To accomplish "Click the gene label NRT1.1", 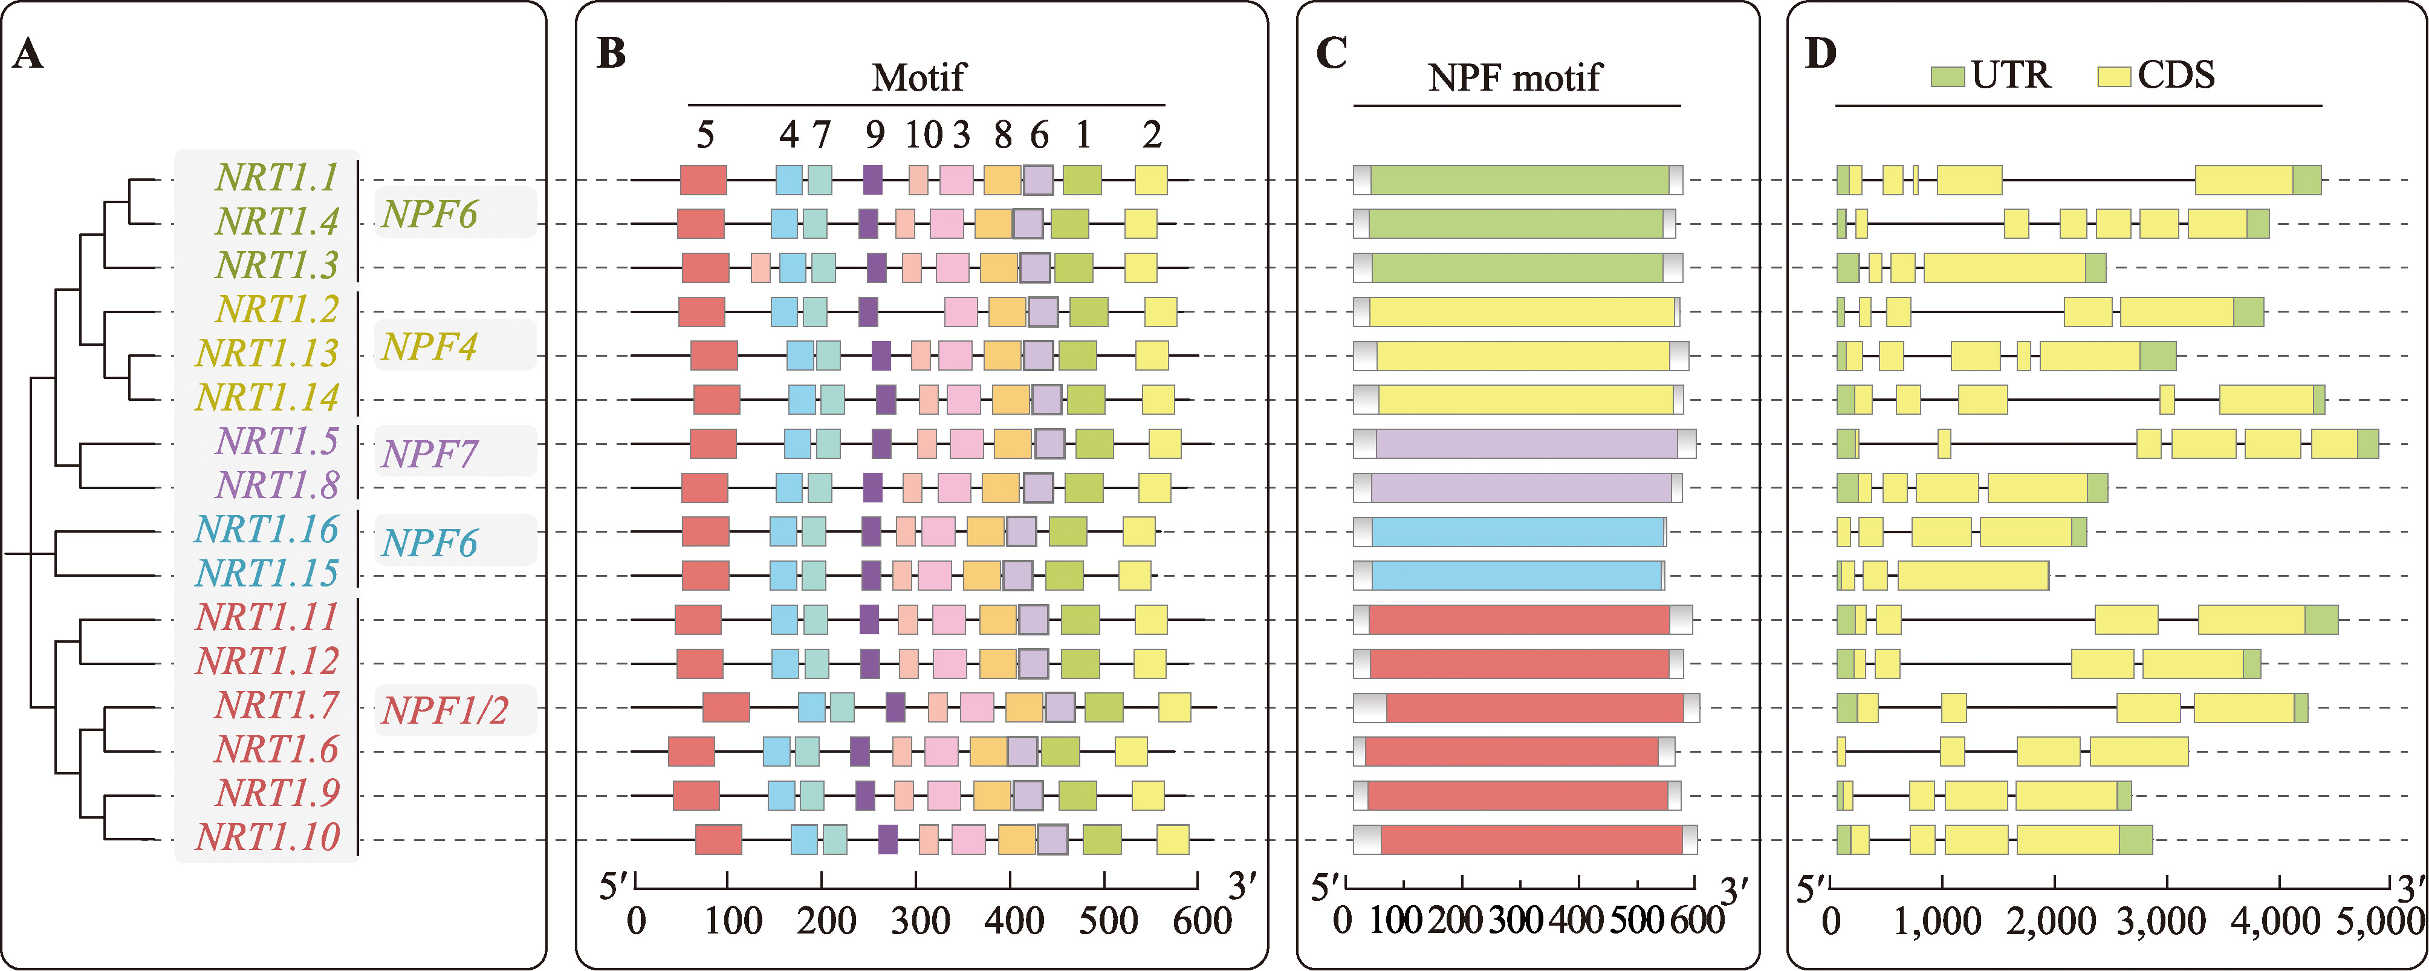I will tap(276, 177).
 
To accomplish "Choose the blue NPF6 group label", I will tap(429, 543).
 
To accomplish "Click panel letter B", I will tap(612, 54).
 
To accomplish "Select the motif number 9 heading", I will tap(875, 136).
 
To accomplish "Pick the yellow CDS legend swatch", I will tap(2113, 76).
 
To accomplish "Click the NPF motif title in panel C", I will tap(1514, 77).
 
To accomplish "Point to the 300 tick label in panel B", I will tap(919, 921).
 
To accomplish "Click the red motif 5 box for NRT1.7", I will tap(726, 707).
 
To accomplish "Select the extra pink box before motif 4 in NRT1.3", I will tap(760, 268).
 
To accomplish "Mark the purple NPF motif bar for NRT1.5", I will tap(1526, 444).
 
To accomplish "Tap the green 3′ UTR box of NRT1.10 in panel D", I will tap(2136, 839).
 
